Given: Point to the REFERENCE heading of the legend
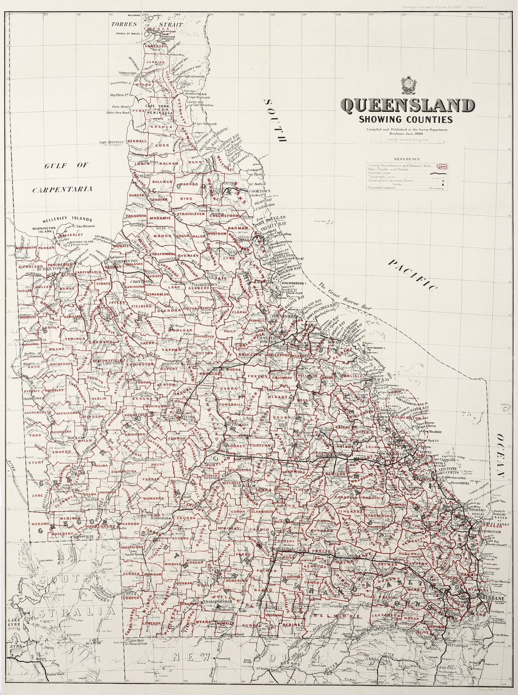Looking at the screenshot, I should coord(406,159).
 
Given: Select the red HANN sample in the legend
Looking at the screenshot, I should coord(442,166).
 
